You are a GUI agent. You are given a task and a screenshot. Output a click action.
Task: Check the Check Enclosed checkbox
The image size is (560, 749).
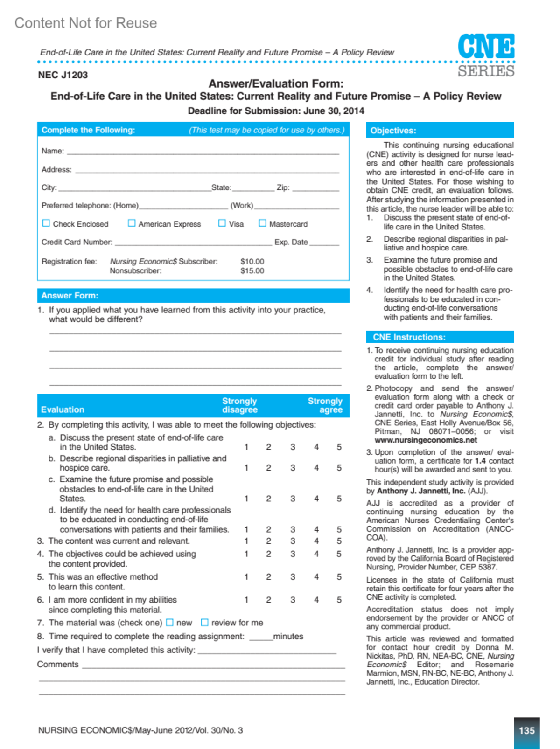click(x=46, y=223)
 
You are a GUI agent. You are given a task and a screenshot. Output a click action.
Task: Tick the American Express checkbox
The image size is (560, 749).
click(x=132, y=223)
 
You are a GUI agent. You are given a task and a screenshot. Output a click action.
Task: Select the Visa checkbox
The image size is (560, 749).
click(x=222, y=223)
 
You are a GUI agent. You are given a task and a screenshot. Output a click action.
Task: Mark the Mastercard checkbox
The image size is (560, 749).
click(x=263, y=223)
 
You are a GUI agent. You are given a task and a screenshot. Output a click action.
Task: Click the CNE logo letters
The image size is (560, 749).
click(x=486, y=46)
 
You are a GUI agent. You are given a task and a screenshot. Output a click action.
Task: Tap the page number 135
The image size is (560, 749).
click(x=526, y=730)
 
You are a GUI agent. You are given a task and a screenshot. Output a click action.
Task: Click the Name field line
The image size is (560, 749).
click(x=203, y=152)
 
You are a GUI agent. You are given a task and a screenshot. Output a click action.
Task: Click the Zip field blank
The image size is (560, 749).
click(x=315, y=188)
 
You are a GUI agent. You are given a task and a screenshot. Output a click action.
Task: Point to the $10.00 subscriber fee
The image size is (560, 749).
click(x=252, y=262)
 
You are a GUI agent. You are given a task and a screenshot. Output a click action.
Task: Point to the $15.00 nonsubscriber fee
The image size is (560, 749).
click(x=252, y=271)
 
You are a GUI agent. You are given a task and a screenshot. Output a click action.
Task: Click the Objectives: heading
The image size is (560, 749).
click(x=393, y=131)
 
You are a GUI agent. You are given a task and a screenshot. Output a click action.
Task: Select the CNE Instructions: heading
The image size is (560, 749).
click(x=409, y=337)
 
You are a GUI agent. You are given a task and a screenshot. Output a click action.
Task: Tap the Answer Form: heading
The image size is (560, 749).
click(x=70, y=296)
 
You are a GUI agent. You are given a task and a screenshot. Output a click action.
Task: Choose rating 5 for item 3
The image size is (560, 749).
click(x=339, y=541)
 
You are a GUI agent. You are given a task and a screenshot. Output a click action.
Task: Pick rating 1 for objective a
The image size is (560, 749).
click(x=246, y=447)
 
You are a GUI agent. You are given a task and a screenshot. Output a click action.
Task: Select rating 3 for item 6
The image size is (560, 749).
click(x=293, y=600)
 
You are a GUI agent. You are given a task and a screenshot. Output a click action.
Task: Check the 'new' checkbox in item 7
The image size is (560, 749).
click(x=170, y=623)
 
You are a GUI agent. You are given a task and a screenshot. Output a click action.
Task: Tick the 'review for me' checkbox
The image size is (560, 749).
click(x=204, y=623)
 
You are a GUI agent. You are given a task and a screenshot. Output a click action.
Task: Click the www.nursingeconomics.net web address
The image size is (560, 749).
click(x=426, y=440)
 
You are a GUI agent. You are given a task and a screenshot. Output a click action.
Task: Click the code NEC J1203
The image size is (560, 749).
click(x=63, y=75)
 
